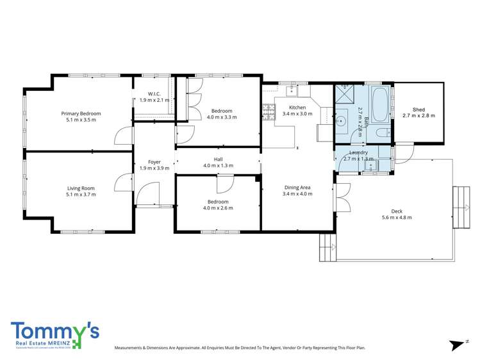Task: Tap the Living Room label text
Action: pos(81,188)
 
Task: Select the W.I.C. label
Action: pos(154,94)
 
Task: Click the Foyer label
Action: pos(154,162)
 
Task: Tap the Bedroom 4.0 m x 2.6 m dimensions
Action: pos(218,208)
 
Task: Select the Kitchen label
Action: pos(297,107)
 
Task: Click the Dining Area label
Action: pos(297,187)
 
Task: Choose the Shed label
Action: pos(418,110)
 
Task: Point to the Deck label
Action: pos(396,211)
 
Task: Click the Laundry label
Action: pos(358,152)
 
